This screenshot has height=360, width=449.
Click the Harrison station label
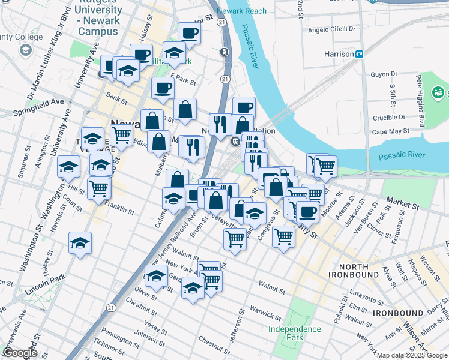coord(339,54)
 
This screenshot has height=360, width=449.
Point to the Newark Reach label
coord(241,11)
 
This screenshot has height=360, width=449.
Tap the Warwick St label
coord(265,313)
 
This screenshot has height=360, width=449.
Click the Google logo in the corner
coord(20,353)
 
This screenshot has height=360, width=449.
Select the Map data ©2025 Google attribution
coord(411,356)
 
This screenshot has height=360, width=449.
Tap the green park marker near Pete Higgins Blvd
coord(439,92)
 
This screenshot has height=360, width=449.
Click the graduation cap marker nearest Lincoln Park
coord(80,243)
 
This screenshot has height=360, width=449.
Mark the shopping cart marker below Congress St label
coord(283,235)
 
